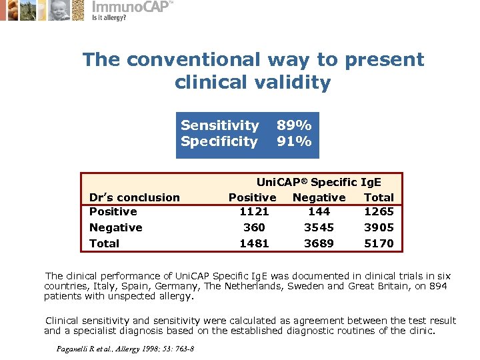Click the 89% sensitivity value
294,125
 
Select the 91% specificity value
294,141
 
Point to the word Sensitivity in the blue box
219,125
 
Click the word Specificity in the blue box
219,141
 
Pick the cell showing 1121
254,211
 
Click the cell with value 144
319,211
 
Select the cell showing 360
254,227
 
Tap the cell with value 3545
319,227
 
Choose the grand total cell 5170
379,243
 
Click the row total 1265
379,211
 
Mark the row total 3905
379,227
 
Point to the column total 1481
254,243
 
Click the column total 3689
319,243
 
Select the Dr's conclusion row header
134,197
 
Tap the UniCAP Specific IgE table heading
319,181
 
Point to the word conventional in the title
194,60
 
